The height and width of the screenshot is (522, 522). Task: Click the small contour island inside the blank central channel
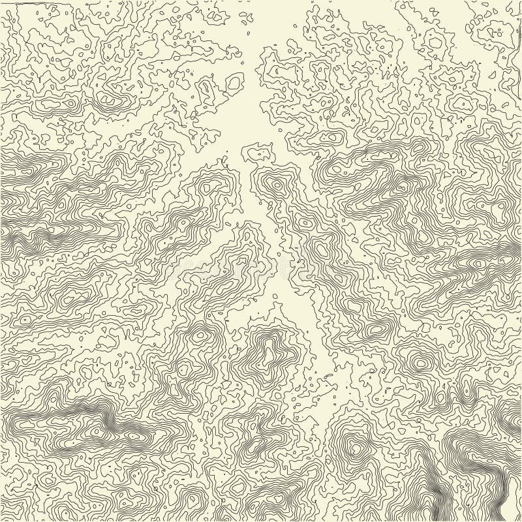256,154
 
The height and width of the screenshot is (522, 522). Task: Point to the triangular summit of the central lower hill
267,353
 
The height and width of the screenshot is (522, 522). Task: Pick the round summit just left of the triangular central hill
200,335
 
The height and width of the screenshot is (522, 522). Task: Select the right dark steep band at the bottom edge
504,486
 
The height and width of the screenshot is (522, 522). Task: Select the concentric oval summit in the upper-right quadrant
462,102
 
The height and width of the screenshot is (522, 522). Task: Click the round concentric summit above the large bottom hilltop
418,360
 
